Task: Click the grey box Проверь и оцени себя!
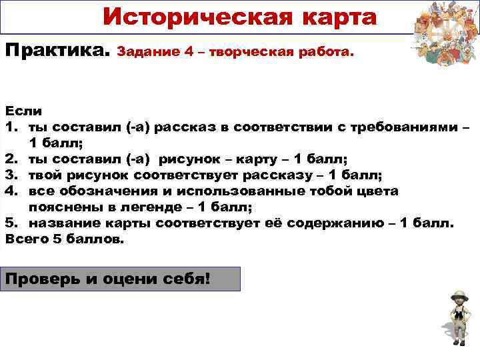click(120, 279)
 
